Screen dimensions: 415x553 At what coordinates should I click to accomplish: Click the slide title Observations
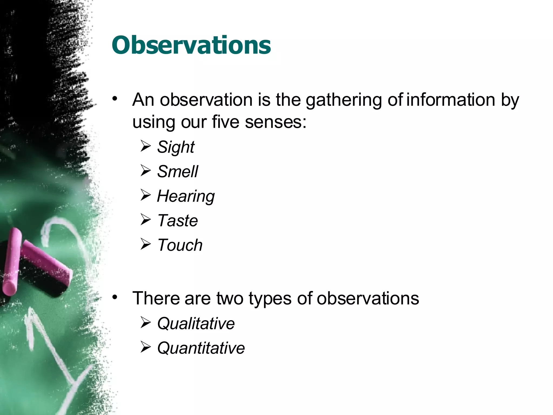(x=191, y=45)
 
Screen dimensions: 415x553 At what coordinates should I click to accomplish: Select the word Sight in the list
(x=176, y=147)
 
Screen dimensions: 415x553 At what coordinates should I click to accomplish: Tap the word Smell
(x=177, y=172)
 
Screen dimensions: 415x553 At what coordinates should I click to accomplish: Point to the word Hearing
(x=186, y=196)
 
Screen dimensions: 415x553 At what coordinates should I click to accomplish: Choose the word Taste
(x=177, y=220)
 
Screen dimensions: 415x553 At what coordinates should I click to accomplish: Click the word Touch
(x=180, y=245)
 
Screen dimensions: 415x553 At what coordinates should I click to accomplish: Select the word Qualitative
(x=196, y=323)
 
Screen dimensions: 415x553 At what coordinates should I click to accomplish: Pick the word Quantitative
(x=201, y=348)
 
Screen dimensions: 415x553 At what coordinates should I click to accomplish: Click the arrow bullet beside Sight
(x=146, y=146)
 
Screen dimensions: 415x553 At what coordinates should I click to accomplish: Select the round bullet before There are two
(x=115, y=297)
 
